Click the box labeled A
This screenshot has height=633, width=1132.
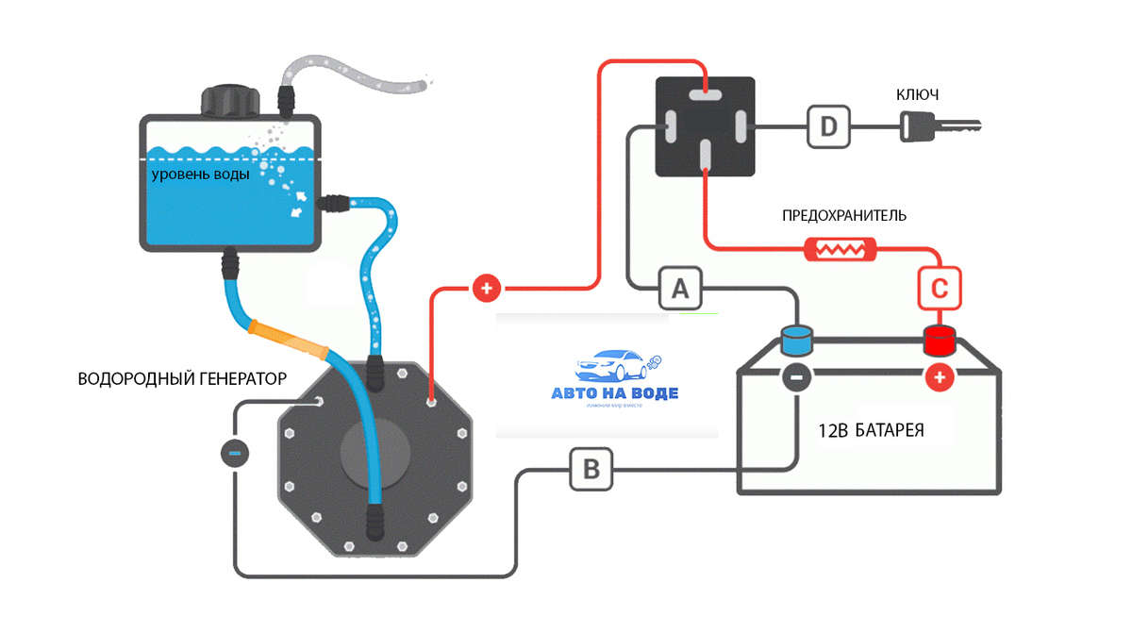(680, 288)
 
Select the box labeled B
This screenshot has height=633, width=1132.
(591, 468)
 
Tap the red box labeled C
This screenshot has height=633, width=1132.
(939, 288)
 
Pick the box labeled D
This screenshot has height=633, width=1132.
(828, 126)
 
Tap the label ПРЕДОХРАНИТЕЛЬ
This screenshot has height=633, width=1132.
(844, 215)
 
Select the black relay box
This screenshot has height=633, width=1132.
(705, 126)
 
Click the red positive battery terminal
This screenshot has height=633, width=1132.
(939, 340)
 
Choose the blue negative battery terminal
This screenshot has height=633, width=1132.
(797, 340)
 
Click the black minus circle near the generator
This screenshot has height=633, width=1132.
(235, 453)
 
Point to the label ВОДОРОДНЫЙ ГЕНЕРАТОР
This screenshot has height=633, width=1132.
(181, 378)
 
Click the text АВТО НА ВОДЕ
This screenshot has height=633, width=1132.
(614, 393)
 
